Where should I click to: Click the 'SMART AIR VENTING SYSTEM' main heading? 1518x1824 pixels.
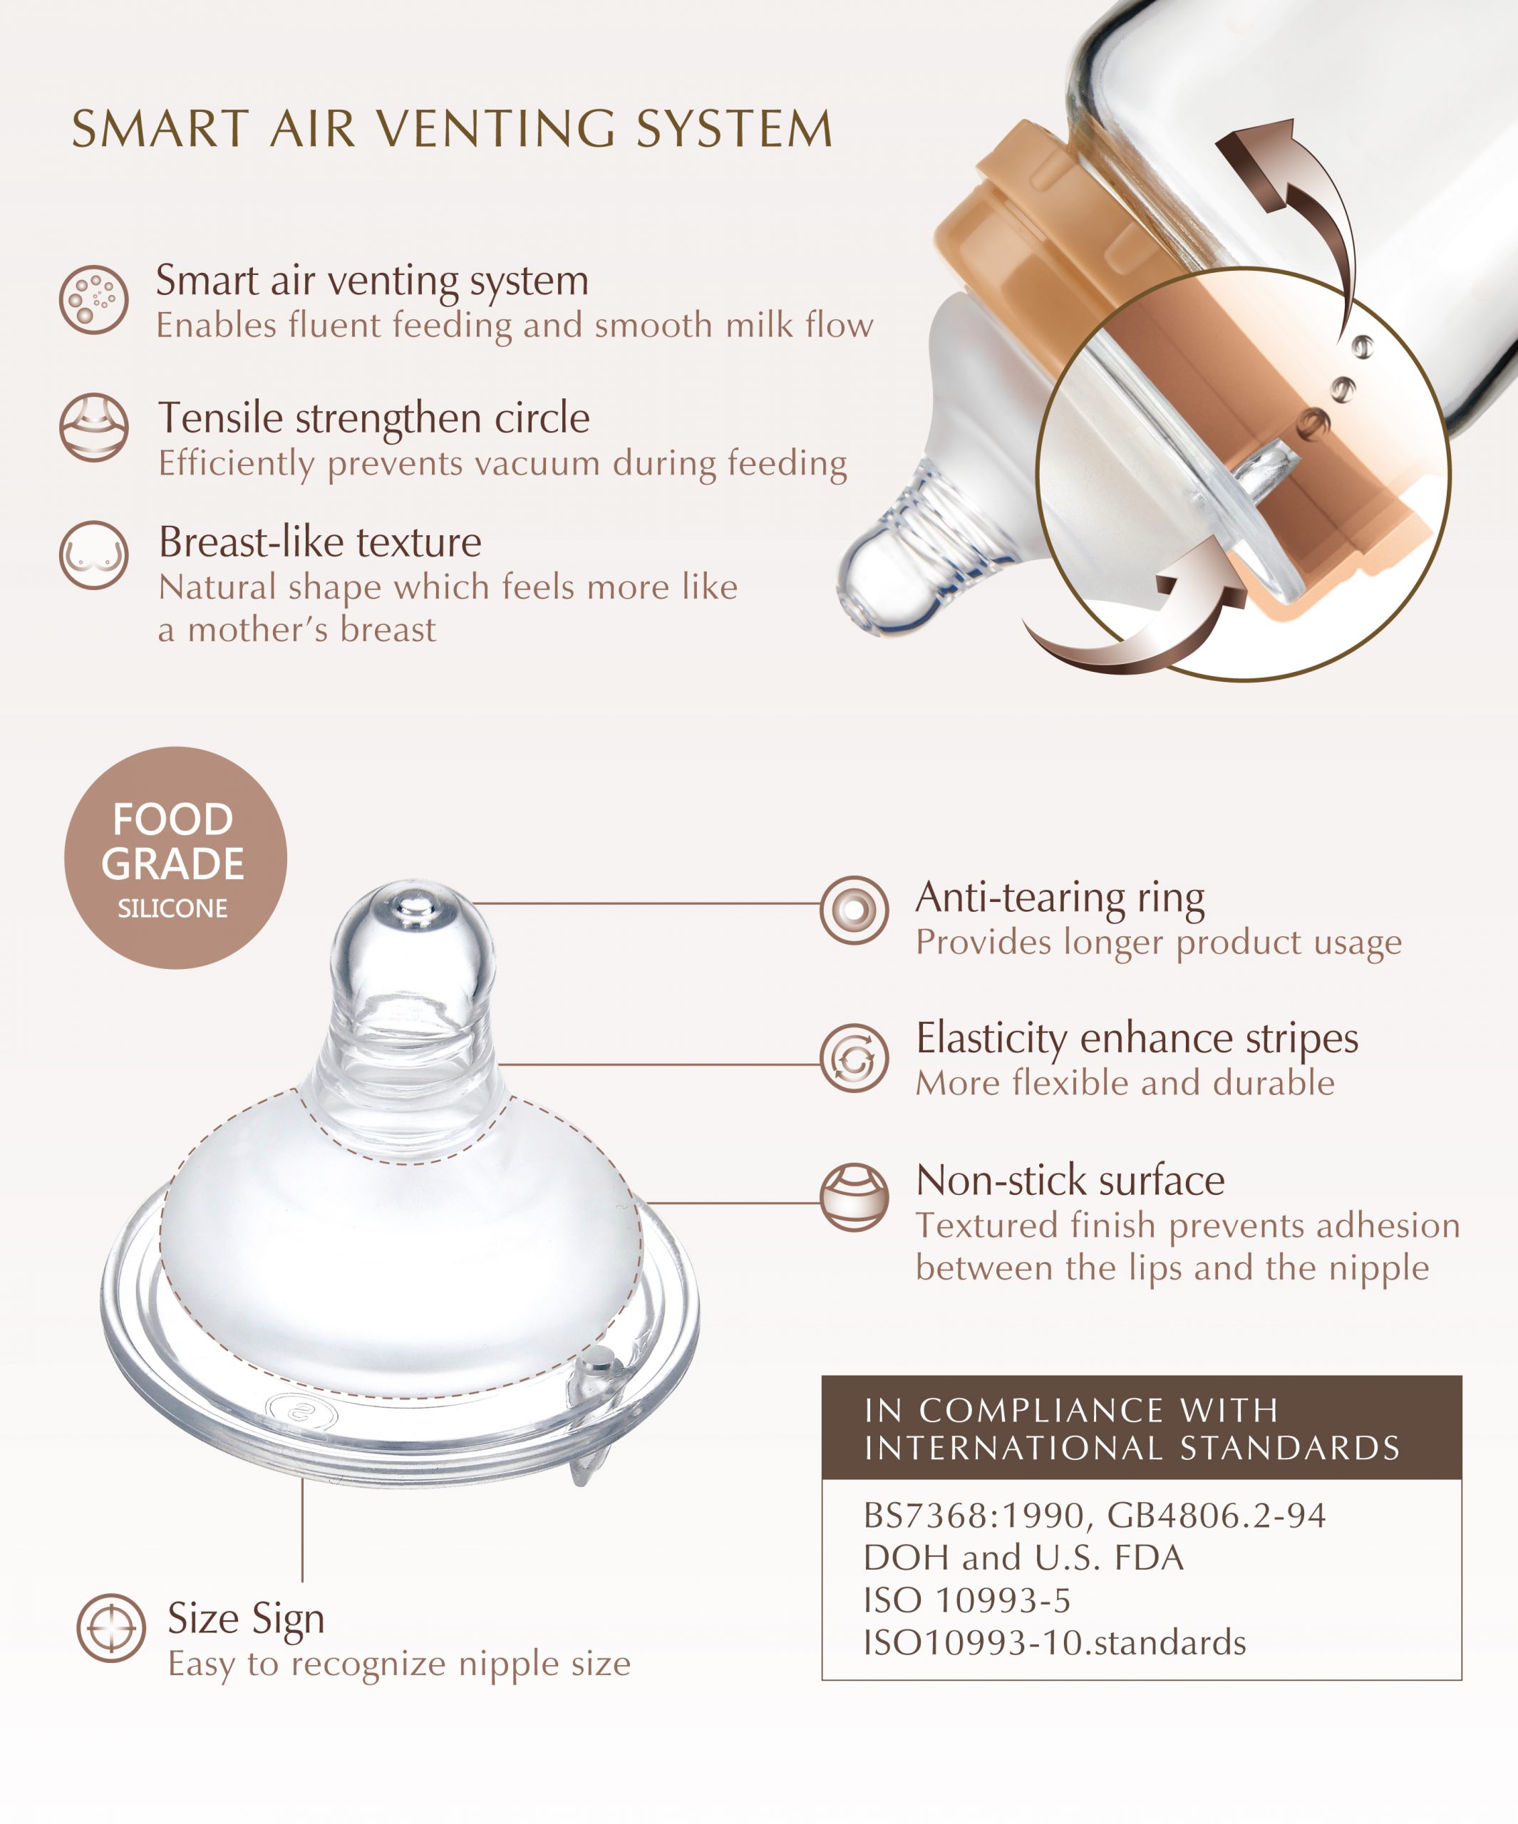tap(452, 130)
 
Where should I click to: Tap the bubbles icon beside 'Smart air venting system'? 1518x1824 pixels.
tap(94, 300)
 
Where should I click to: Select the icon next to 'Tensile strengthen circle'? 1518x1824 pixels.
tap(94, 427)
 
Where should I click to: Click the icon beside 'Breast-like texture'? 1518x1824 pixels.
tap(94, 555)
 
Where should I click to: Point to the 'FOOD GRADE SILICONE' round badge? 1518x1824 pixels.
tap(175, 858)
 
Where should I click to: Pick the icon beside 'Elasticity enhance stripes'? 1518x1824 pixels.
tap(854, 1058)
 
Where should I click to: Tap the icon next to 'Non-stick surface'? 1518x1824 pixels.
tap(854, 1198)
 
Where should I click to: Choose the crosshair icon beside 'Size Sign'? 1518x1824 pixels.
tap(111, 1627)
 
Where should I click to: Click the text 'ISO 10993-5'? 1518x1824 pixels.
tap(967, 1600)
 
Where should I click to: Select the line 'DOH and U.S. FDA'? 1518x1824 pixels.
tap(1023, 1558)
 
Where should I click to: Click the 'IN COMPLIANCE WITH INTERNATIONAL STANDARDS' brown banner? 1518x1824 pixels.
tap(1142, 1428)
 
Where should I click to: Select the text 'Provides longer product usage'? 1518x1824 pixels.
tap(1159, 943)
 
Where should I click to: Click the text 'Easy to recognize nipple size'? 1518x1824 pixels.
tap(399, 1664)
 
